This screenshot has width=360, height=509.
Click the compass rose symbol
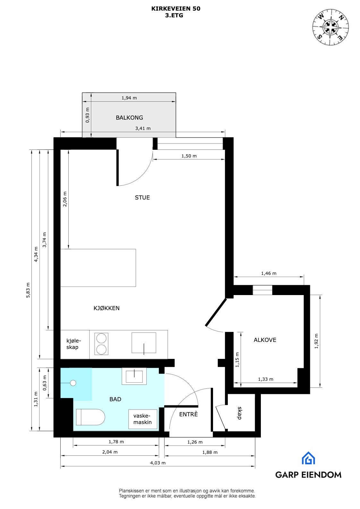331,26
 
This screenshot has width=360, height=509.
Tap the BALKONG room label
129,118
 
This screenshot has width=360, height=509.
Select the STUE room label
142,198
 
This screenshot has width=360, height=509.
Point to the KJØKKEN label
107,308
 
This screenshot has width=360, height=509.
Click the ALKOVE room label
265,340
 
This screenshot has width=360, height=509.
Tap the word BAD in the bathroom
115,399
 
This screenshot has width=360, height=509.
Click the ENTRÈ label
188,414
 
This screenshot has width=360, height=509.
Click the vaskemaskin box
143,419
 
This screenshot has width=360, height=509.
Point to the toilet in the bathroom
90,417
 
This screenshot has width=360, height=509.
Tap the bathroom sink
134,376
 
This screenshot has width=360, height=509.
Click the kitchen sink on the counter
144,343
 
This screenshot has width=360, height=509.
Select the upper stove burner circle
101,338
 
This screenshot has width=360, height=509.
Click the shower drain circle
73,383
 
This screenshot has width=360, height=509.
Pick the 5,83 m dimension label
28,290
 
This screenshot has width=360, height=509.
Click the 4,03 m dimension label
158,463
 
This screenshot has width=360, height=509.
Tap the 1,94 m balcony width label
129,98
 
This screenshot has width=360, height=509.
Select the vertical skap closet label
239,413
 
